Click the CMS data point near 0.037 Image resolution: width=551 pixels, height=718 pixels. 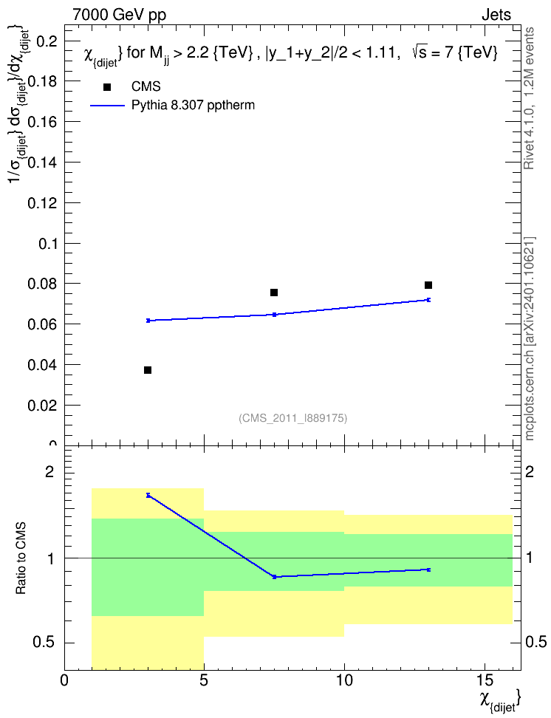[x=148, y=370]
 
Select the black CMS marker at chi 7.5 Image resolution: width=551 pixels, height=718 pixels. [x=274, y=292]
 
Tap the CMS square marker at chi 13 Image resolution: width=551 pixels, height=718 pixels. [x=428, y=285]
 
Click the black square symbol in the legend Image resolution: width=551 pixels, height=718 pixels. [x=106, y=87]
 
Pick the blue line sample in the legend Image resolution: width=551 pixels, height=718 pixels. [x=107, y=106]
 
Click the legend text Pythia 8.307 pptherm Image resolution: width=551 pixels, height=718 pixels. [x=193, y=106]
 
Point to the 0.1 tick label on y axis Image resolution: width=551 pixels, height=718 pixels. [x=48, y=243]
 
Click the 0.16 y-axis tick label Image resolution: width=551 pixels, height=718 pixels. [x=43, y=122]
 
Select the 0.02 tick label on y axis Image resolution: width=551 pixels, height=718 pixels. [x=43, y=406]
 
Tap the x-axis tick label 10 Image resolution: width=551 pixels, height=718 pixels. [x=344, y=680]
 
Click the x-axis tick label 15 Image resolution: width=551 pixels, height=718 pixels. [x=485, y=680]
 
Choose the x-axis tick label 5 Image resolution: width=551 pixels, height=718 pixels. [x=204, y=680]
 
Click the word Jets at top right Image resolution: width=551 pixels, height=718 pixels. [x=496, y=15]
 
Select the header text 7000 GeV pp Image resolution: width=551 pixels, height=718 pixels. [x=119, y=15]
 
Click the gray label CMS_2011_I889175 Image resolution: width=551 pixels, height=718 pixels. [x=293, y=418]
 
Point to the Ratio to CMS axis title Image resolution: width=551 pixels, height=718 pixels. [x=21, y=558]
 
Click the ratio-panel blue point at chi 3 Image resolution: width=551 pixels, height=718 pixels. [x=148, y=495]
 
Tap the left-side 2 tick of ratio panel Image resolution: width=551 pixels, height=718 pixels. [x=49, y=471]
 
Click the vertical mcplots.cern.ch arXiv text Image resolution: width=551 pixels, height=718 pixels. [x=530, y=339]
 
